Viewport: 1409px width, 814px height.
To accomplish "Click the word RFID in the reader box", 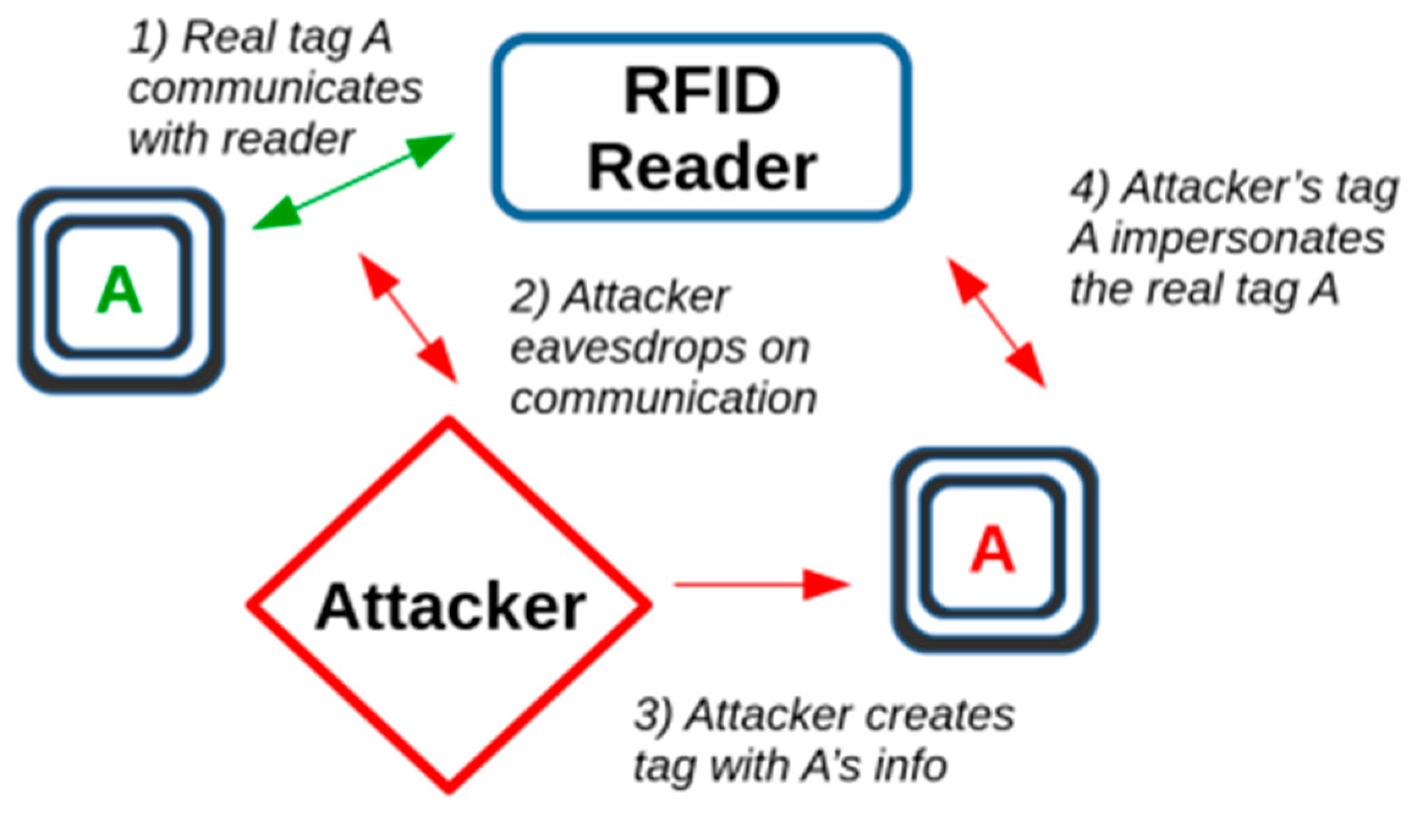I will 701,92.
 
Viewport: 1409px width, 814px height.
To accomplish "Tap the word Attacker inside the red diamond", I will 451,606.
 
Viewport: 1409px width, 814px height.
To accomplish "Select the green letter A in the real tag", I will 119,291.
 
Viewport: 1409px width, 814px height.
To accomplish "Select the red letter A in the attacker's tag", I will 992,550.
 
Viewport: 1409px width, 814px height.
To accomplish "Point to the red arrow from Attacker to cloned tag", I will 760,585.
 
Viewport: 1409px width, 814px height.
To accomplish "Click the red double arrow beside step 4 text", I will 996,323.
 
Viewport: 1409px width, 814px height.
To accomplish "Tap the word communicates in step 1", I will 275,89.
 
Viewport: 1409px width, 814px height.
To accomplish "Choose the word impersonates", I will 1247,238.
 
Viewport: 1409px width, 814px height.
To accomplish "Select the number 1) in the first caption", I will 147,38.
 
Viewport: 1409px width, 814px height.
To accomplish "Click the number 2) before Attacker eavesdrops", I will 529,298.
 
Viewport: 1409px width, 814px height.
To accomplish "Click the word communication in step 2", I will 663,398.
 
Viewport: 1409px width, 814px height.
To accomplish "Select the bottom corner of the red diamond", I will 449,790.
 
